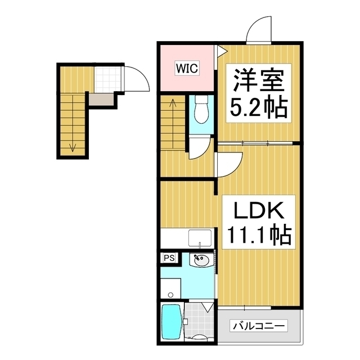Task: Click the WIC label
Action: pyautogui.click(x=187, y=68)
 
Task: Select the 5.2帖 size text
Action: pyautogui.click(x=259, y=107)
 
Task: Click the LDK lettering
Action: pyautogui.click(x=258, y=210)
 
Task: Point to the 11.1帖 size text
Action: pyautogui.click(x=259, y=235)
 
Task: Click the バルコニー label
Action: pyautogui.click(x=259, y=326)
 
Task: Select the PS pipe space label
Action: pyautogui.click(x=169, y=258)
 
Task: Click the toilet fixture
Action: pyautogui.click(x=201, y=109)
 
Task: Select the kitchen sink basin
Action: pyautogui.click(x=200, y=238)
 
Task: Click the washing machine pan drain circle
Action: pyautogui.click(x=170, y=295)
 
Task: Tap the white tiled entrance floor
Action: pyautogui.click(x=107, y=79)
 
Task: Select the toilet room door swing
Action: pyautogui.click(x=205, y=151)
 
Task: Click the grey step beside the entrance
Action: pyautogui.click(x=101, y=100)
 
